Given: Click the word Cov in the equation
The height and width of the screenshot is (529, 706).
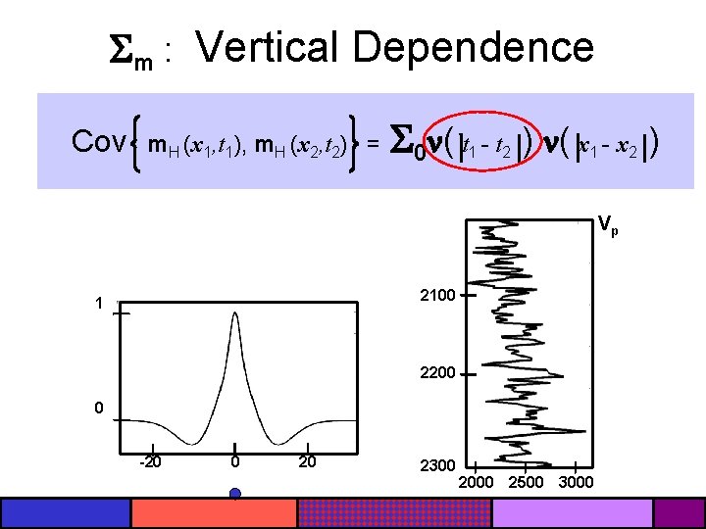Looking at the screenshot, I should tap(98, 144).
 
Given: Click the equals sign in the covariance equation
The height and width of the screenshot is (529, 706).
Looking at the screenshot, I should tap(374, 146).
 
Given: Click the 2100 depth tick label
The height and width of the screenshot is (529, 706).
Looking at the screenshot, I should tap(437, 294).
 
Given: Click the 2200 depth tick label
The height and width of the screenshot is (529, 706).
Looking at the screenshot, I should tap(437, 373).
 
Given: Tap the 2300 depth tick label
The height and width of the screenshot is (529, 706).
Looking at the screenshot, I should tap(437, 465).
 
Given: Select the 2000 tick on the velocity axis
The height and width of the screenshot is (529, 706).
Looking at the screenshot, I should tap(477, 482).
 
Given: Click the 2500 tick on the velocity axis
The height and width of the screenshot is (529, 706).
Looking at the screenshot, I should tap(527, 482).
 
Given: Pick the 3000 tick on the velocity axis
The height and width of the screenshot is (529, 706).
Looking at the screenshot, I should tap(577, 482).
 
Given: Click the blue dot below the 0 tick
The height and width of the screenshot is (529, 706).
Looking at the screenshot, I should tap(235, 494).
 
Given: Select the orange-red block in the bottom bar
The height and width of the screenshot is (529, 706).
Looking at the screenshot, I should tap(214, 513).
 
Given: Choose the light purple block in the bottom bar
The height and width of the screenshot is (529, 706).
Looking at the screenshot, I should tap(573, 513).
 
